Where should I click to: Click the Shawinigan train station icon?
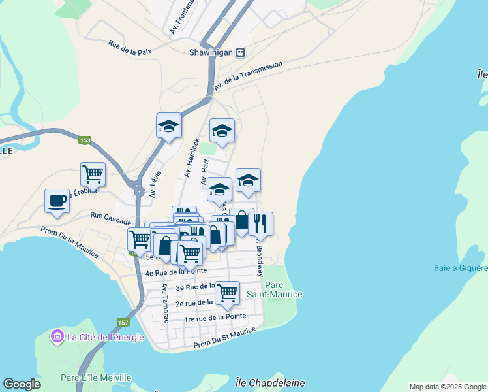pyautogui.click(x=241, y=52)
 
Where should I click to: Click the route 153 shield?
pyautogui.click(x=85, y=140)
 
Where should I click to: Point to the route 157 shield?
pyautogui.click(x=123, y=323)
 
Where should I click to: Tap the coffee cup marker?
pyautogui.click(x=57, y=200)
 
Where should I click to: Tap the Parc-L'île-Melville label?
pyautogui.click(x=96, y=378)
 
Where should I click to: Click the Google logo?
pyautogui.click(x=22, y=384)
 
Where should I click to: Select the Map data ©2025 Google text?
pyautogui.click(x=447, y=387)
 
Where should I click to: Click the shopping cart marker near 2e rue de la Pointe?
pyautogui.click(x=227, y=292)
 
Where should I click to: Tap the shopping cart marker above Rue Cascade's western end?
pyautogui.click(x=93, y=174)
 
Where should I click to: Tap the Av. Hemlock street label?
pyautogui.click(x=192, y=157)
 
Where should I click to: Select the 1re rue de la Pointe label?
pyautogui.click(x=215, y=317)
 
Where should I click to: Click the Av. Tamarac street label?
pyautogui.click(x=166, y=302)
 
